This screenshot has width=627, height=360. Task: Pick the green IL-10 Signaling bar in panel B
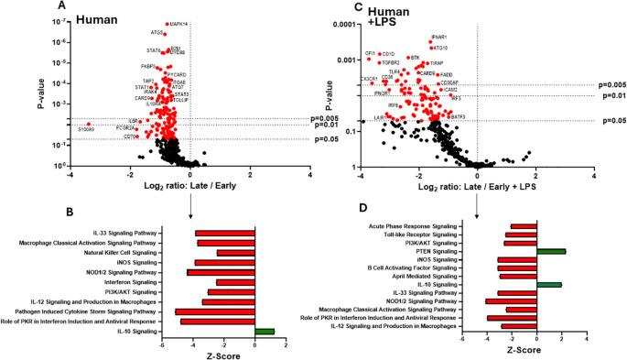click(x=265, y=331)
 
